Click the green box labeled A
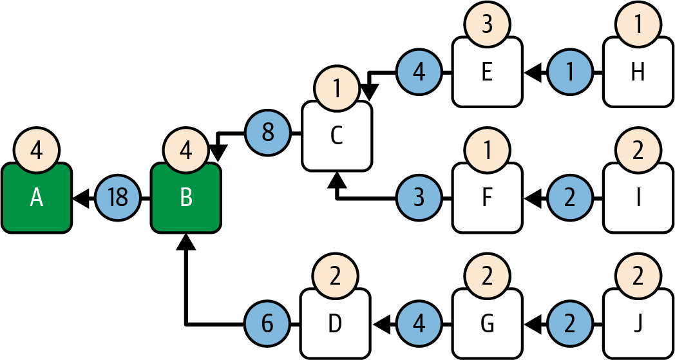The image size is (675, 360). [36, 198]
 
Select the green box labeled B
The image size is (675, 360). [185, 198]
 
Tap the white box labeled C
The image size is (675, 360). [337, 137]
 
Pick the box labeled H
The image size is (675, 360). [638, 73]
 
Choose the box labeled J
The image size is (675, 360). [638, 324]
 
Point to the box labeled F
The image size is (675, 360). [487, 199]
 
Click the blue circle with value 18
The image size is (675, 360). [118, 198]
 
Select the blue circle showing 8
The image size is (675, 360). [268, 134]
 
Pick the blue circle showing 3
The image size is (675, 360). [419, 198]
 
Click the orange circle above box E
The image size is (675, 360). [487, 26]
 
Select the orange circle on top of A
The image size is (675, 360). [36, 151]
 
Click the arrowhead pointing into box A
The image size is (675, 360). [80, 198]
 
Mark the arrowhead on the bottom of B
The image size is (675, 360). [185, 242]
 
